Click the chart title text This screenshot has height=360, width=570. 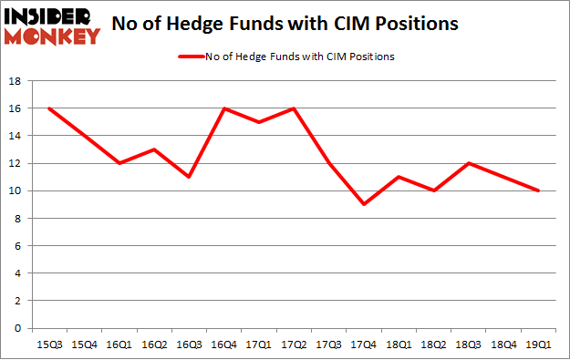click(285, 25)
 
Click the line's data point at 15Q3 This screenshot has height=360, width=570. click(48, 108)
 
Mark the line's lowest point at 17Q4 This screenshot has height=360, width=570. click(364, 204)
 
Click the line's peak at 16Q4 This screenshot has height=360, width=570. click(223, 108)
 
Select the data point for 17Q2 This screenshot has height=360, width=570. click(294, 108)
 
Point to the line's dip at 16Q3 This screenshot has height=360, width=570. click(189, 177)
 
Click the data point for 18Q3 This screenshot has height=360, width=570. click(469, 163)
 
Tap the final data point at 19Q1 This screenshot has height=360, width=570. click(539, 190)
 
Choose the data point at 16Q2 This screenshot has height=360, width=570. click(153, 149)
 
